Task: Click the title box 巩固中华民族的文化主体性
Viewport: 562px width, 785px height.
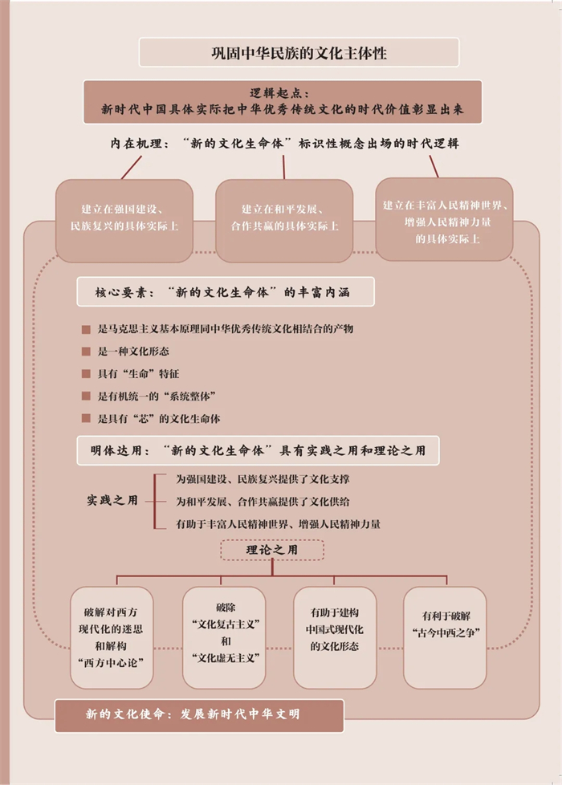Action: [x=299, y=53]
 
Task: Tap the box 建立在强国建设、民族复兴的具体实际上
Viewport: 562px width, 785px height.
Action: [x=124, y=218]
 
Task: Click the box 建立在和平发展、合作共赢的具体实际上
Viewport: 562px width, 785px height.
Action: [x=284, y=218]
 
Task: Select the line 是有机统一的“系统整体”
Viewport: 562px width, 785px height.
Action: [x=157, y=397]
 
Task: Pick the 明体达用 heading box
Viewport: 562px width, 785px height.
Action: [x=258, y=450]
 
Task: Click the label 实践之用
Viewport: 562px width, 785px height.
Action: [x=112, y=500]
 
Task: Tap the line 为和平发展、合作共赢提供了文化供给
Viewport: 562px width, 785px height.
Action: [x=263, y=501]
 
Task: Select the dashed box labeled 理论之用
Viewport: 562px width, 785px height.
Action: [x=272, y=550]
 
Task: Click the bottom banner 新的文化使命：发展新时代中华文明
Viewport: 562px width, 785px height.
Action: [x=199, y=714]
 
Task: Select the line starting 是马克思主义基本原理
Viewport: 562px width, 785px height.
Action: [x=226, y=329]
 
